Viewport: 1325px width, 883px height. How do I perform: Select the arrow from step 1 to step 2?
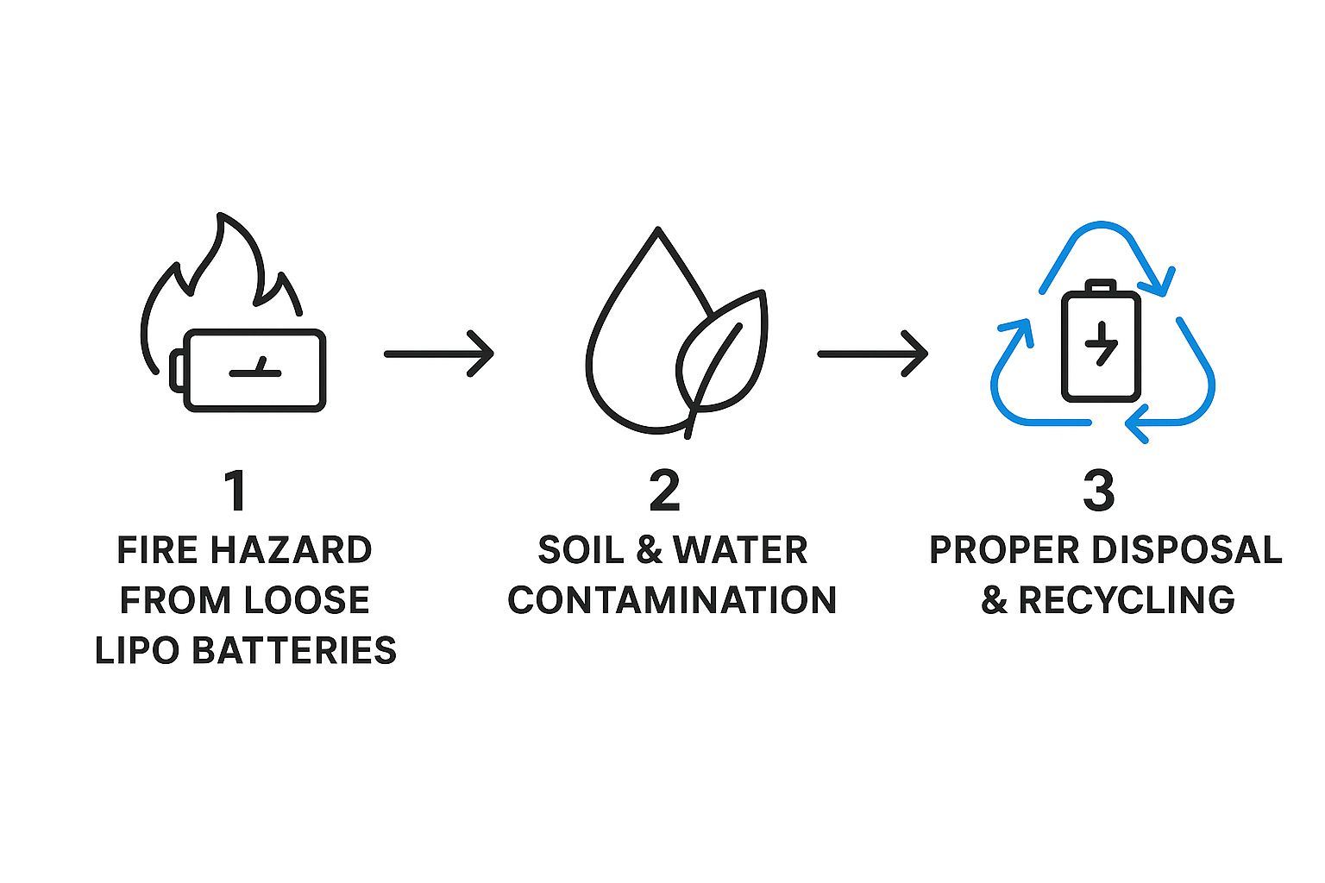pyautogui.click(x=438, y=354)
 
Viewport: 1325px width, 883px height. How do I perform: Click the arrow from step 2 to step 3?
pyautogui.click(x=872, y=354)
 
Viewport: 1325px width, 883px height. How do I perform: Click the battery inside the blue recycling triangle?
pyautogui.click(x=1101, y=345)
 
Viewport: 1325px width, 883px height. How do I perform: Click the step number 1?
pyautogui.click(x=235, y=492)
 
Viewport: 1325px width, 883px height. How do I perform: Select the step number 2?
pyautogui.click(x=664, y=492)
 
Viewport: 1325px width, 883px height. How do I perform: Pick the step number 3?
pyautogui.click(x=1099, y=492)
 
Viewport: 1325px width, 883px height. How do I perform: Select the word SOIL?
pyautogui.click(x=580, y=550)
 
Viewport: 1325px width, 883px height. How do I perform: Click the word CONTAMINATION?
pyautogui.click(x=672, y=600)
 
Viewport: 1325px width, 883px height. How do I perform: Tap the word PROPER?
pyautogui.click(x=1002, y=550)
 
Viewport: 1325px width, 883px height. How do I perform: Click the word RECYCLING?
pyautogui.click(x=1127, y=600)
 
